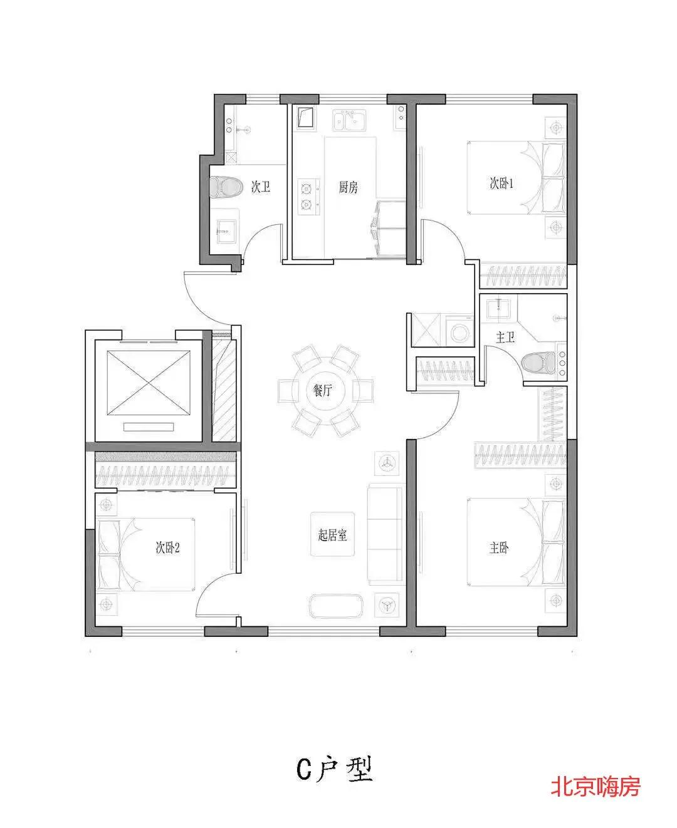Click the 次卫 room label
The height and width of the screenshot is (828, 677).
coord(261,187)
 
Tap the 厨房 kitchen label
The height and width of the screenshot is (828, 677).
coord(348,187)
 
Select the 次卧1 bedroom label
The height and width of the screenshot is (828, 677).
coord(501,184)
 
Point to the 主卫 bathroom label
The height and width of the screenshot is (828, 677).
coord(505,337)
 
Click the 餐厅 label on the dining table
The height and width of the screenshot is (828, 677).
coord(322,390)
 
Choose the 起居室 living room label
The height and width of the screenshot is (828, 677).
coord(332,535)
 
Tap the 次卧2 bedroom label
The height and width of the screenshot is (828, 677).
coord(167,547)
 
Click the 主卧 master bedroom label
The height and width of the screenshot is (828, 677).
coord(499,547)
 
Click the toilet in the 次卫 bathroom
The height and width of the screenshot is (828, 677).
coord(225,187)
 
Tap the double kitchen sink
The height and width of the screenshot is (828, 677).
coord(349,120)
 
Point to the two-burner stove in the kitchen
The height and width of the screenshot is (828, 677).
coord(308,197)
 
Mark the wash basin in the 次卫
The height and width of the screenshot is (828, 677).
coord(227,231)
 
